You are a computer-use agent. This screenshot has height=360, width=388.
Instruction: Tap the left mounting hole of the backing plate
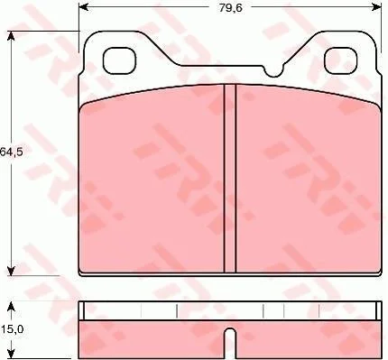tap(119, 61)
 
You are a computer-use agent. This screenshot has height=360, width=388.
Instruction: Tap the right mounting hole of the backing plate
tap(341, 60)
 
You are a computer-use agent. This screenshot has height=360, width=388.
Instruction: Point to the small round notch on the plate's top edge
tap(273, 71)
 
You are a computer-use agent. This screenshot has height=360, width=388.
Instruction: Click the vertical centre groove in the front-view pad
tap(230, 178)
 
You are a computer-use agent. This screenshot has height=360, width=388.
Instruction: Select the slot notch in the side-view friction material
tap(230, 343)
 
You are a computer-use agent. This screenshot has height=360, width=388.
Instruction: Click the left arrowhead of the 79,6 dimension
tap(83, 6)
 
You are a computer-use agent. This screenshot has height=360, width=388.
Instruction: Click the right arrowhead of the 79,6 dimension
tap(377, 6)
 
